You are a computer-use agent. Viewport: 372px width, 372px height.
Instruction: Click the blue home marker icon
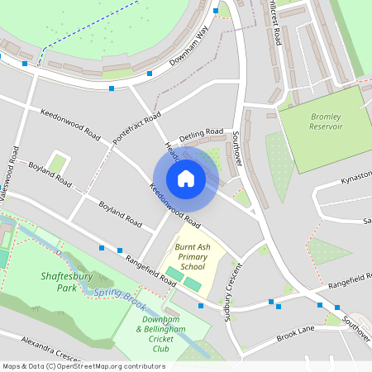click(186, 178)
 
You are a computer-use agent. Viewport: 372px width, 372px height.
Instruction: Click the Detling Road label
click(203, 132)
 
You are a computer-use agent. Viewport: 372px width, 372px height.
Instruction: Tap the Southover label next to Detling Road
click(237, 149)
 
